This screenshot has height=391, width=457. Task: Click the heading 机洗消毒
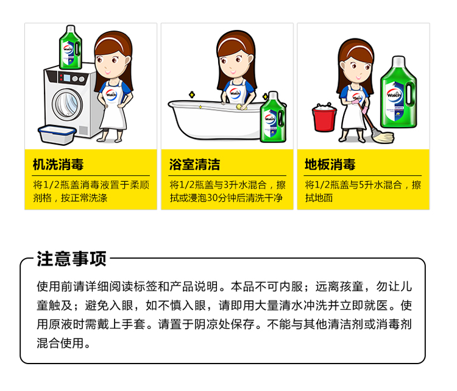coord(58,164)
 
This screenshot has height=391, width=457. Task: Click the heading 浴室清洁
coord(195,164)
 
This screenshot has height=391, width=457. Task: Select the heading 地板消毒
coord(330,164)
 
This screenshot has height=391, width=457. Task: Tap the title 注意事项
coord(71,259)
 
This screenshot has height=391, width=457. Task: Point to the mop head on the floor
coord(384,137)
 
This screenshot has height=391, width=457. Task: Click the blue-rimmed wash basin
coord(57,135)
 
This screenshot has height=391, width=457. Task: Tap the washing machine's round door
coord(67,105)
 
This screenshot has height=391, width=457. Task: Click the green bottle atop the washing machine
coord(70,48)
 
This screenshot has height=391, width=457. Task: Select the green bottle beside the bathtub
coord(273,117)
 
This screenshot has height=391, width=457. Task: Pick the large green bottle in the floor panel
coord(399,92)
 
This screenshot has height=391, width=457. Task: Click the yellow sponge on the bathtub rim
coord(241,107)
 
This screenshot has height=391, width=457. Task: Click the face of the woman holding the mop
coord(356,70)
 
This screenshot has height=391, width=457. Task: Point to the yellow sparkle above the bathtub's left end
coord(192,95)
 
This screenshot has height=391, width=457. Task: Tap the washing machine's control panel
coord(71,77)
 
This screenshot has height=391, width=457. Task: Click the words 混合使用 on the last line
coord(60,343)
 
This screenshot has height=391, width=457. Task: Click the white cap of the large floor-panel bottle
coord(399,61)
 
